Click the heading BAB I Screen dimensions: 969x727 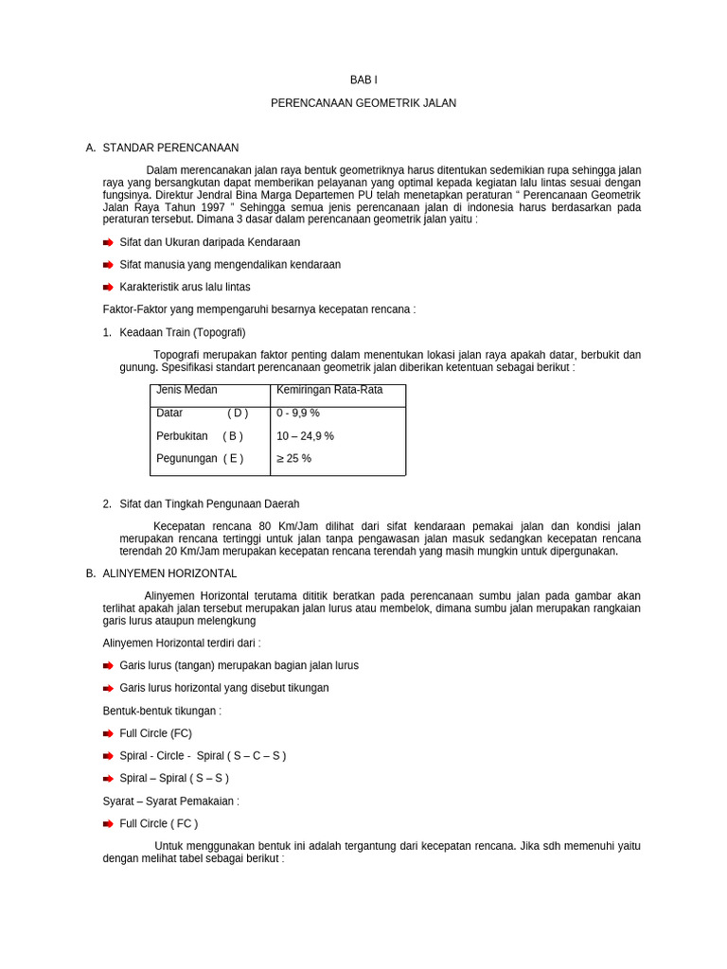363,80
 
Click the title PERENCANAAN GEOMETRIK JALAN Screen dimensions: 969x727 363,103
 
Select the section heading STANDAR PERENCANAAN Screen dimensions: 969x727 170,148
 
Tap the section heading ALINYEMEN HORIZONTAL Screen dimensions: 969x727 169,573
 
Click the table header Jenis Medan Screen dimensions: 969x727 186,390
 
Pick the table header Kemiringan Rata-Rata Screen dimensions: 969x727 329,390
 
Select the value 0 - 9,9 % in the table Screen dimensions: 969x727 298,414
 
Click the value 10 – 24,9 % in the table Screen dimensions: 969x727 305,436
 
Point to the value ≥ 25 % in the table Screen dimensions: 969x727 293,459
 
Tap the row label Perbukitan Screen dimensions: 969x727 182,436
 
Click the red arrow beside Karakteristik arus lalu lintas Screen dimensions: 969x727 108,287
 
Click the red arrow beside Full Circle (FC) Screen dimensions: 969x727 108,733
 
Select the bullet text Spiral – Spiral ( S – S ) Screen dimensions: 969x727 174,779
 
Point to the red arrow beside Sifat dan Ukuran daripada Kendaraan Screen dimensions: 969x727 108,242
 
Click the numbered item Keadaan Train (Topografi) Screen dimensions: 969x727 182,332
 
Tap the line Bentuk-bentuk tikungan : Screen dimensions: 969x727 162,711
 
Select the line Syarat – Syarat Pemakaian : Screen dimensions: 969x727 170,801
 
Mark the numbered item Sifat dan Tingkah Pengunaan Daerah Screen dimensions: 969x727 209,504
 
